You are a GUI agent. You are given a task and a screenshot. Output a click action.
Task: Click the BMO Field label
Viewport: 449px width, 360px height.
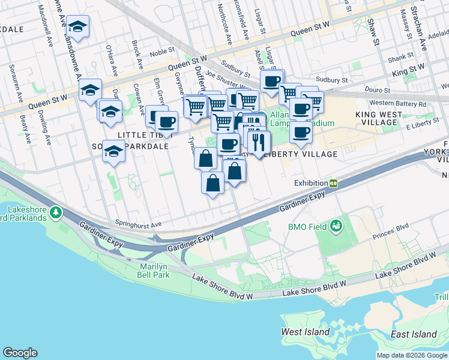(307, 227)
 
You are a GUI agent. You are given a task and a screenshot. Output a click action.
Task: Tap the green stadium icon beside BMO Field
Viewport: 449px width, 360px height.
(335, 226)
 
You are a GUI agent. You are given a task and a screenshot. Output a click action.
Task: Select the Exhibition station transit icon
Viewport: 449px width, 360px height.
(333, 183)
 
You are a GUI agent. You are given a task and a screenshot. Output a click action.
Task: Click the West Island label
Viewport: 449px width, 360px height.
(306, 332)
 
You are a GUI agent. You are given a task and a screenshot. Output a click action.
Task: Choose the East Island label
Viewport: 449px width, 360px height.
(413, 334)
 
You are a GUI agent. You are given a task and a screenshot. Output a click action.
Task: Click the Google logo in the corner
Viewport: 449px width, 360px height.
(20, 353)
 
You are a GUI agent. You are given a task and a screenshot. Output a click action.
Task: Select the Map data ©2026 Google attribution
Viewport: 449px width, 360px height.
(412, 355)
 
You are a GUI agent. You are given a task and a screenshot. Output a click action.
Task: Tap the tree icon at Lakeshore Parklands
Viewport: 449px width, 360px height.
(56, 212)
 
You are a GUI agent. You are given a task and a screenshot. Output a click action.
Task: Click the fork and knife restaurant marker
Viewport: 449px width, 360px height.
(259, 142)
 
